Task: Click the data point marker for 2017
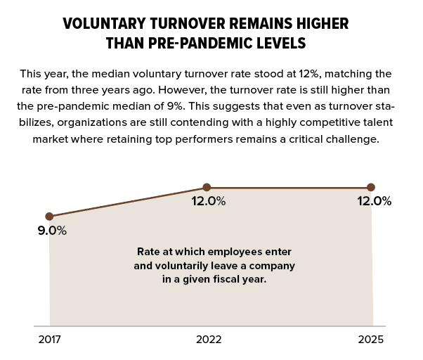pyautogui.click(x=49, y=217)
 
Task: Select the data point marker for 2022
pyautogui.click(x=207, y=188)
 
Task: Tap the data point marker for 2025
pyautogui.click(x=371, y=188)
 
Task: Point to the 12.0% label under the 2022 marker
pyautogui.click(x=209, y=201)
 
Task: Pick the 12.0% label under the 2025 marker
pyautogui.click(x=374, y=201)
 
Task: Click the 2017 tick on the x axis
pyautogui.click(x=49, y=340)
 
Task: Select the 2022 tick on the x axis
pyautogui.click(x=208, y=340)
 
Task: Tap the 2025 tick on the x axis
pyautogui.click(x=370, y=340)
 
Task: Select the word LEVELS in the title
pyautogui.click(x=282, y=43)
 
